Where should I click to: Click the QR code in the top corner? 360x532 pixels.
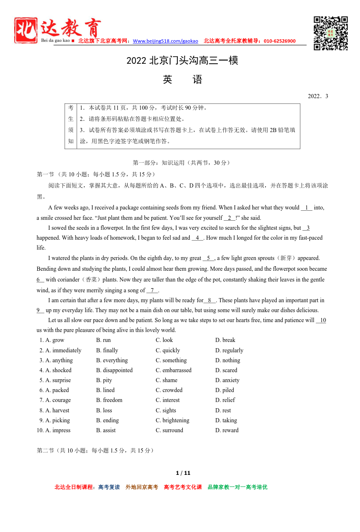point(330,33)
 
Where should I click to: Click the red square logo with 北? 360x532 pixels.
point(26,30)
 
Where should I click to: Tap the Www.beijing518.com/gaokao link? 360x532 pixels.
point(165,41)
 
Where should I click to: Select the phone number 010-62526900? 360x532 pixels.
point(280,41)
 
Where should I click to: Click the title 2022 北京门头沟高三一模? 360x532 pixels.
point(182,61)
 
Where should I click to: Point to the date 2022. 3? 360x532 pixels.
point(318,96)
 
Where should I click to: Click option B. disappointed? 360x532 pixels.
point(114,370)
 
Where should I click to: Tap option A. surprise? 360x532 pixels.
point(58,380)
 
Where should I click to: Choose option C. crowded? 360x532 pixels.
point(169,390)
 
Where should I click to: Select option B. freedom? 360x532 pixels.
point(109,400)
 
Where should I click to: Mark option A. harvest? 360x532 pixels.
point(57,410)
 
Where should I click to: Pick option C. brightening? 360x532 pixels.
point(172,420)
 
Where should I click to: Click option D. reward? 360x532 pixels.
point(227,430)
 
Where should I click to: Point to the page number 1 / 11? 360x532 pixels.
point(183,473)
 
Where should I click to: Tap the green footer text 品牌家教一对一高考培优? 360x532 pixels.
point(237,487)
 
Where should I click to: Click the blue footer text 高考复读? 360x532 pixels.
point(109,487)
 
